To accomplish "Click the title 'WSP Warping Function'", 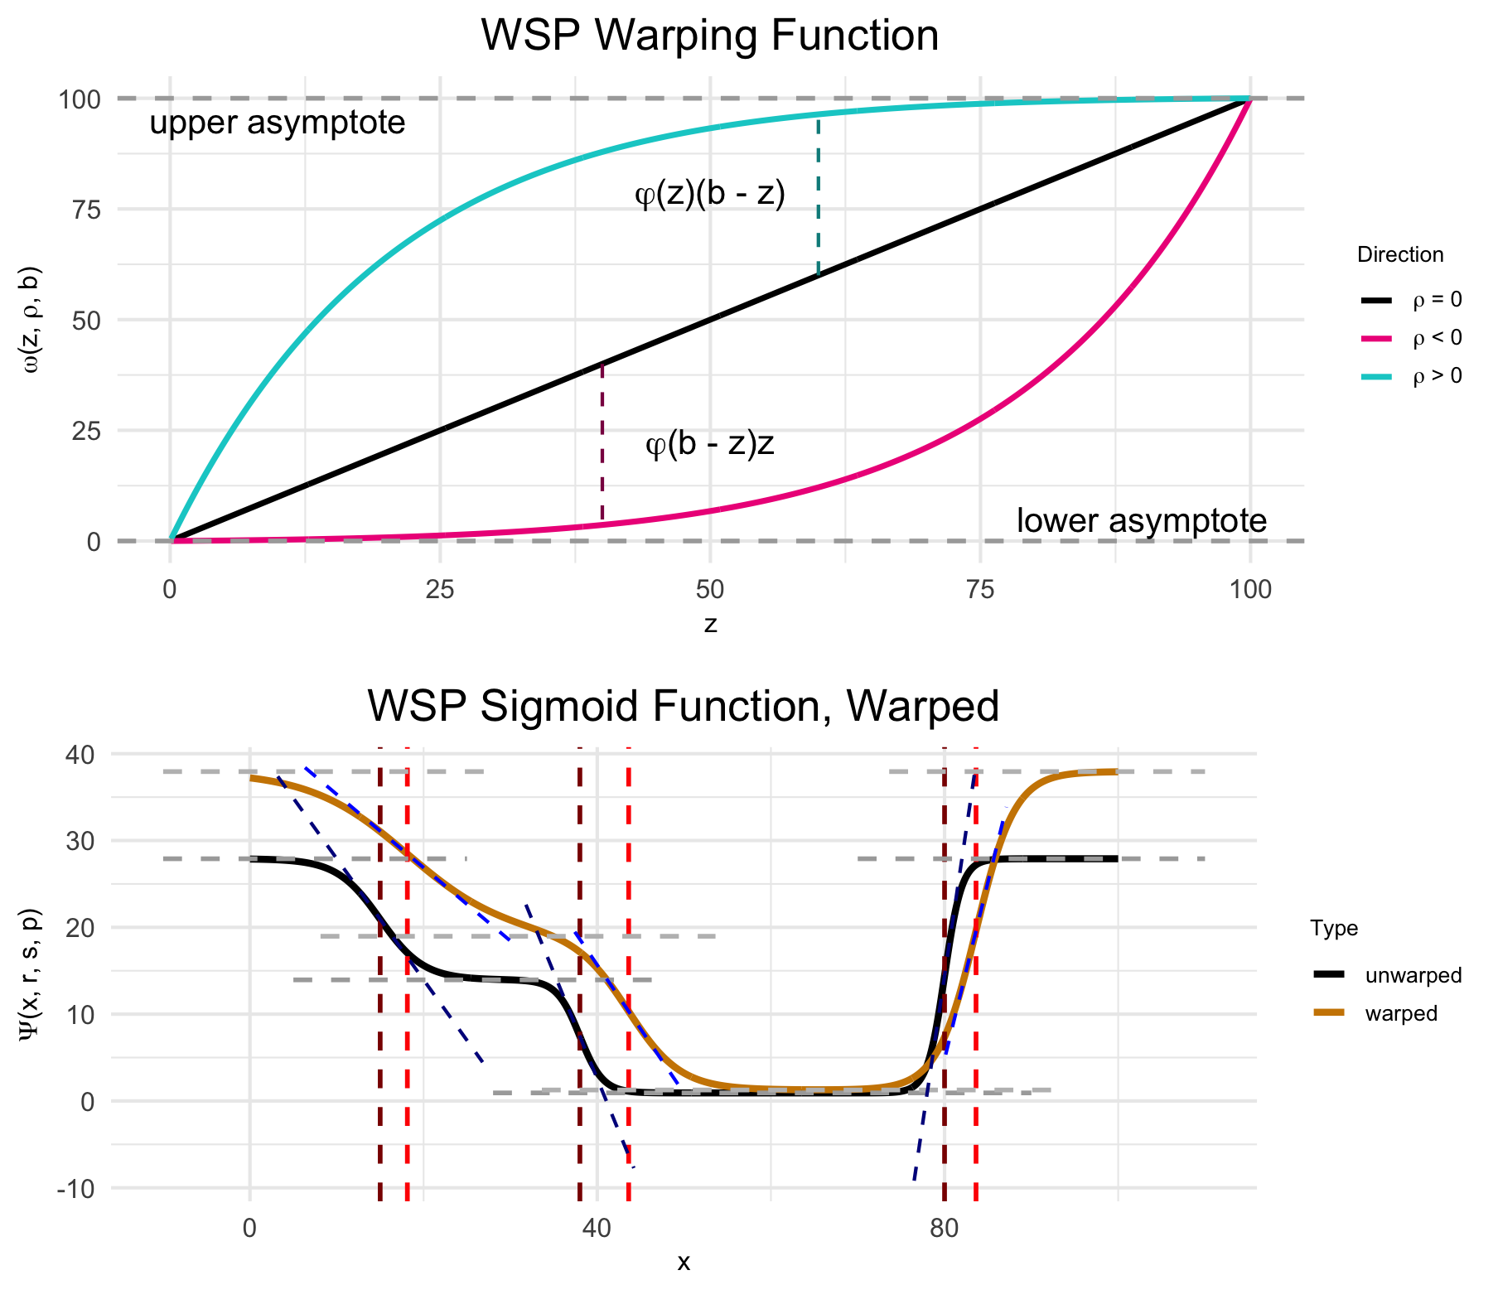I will pos(709,36).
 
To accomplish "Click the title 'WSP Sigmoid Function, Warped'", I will pos(683,707).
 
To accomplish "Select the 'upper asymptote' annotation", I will pos(278,123).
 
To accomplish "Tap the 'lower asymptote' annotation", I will pos(1141,521).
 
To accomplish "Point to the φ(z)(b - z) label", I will pos(709,194).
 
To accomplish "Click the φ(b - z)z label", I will pos(709,445).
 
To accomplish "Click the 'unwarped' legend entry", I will pos(1413,975).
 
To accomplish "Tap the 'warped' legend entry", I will pos(1400,1013).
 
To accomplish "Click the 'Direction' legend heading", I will pos(1400,255).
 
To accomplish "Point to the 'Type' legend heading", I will pos(1334,929).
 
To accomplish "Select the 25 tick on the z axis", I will pos(440,590).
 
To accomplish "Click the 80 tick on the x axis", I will pos(944,1228).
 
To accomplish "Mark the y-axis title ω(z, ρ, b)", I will pos(31,320).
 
